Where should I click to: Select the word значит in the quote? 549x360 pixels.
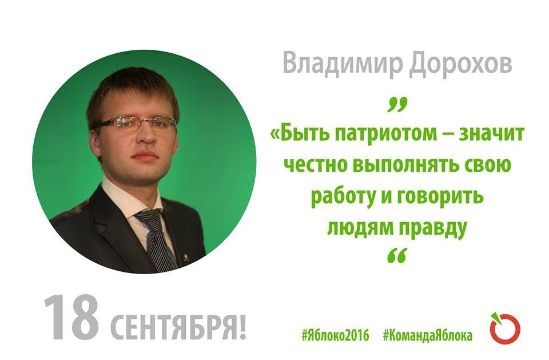click(x=491, y=133)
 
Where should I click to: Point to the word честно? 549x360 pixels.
click(x=315, y=165)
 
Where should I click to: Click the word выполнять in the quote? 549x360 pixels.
click(x=404, y=165)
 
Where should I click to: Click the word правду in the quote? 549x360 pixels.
click(x=433, y=228)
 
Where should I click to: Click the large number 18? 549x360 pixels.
click(x=71, y=318)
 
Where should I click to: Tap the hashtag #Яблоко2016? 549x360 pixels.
click(x=336, y=335)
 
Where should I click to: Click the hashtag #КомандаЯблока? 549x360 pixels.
click(x=428, y=335)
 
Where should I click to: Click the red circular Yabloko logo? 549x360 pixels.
click(x=505, y=329)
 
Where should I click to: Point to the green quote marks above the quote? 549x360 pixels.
click(x=398, y=105)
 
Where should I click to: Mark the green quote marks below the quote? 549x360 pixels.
click(x=398, y=255)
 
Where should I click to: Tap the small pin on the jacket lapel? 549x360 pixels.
click(x=185, y=260)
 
